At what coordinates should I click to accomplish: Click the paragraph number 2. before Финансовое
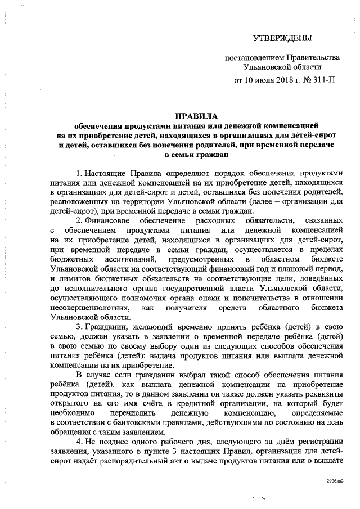coord(79,220)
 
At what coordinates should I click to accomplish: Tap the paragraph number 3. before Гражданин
coord(79,327)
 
